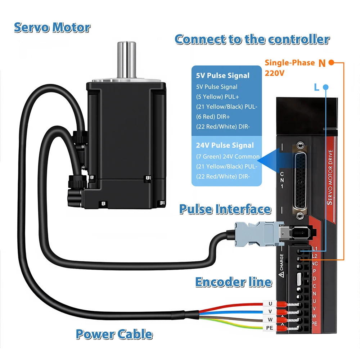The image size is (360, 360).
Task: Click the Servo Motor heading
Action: [x=52, y=28]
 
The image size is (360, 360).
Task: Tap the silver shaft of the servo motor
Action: [x=126, y=60]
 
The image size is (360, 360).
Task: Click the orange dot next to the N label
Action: [x=331, y=62]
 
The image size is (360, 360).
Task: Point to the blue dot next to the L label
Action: [x=325, y=87]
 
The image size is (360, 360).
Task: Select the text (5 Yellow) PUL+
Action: [x=217, y=96]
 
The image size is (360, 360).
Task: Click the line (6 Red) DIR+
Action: [x=213, y=117]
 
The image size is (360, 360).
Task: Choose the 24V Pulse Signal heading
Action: [x=225, y=145]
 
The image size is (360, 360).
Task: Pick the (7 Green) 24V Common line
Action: [x=228, y=157]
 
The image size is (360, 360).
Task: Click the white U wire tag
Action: [x=270, y=304]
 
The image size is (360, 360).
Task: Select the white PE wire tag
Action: [x=270, y=328]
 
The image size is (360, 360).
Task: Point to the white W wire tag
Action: [x=270, y=320]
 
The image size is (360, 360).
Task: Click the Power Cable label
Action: [x=114, y=334]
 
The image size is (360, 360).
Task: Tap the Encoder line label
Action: [x=234, y=282]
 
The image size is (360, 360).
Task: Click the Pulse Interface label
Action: [x=225, y=209]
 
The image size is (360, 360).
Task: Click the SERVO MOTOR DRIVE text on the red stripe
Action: [x=330, y=177]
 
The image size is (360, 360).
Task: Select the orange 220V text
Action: [x=275, y=73]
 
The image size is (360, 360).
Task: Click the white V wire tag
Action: [x=270, y=311]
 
